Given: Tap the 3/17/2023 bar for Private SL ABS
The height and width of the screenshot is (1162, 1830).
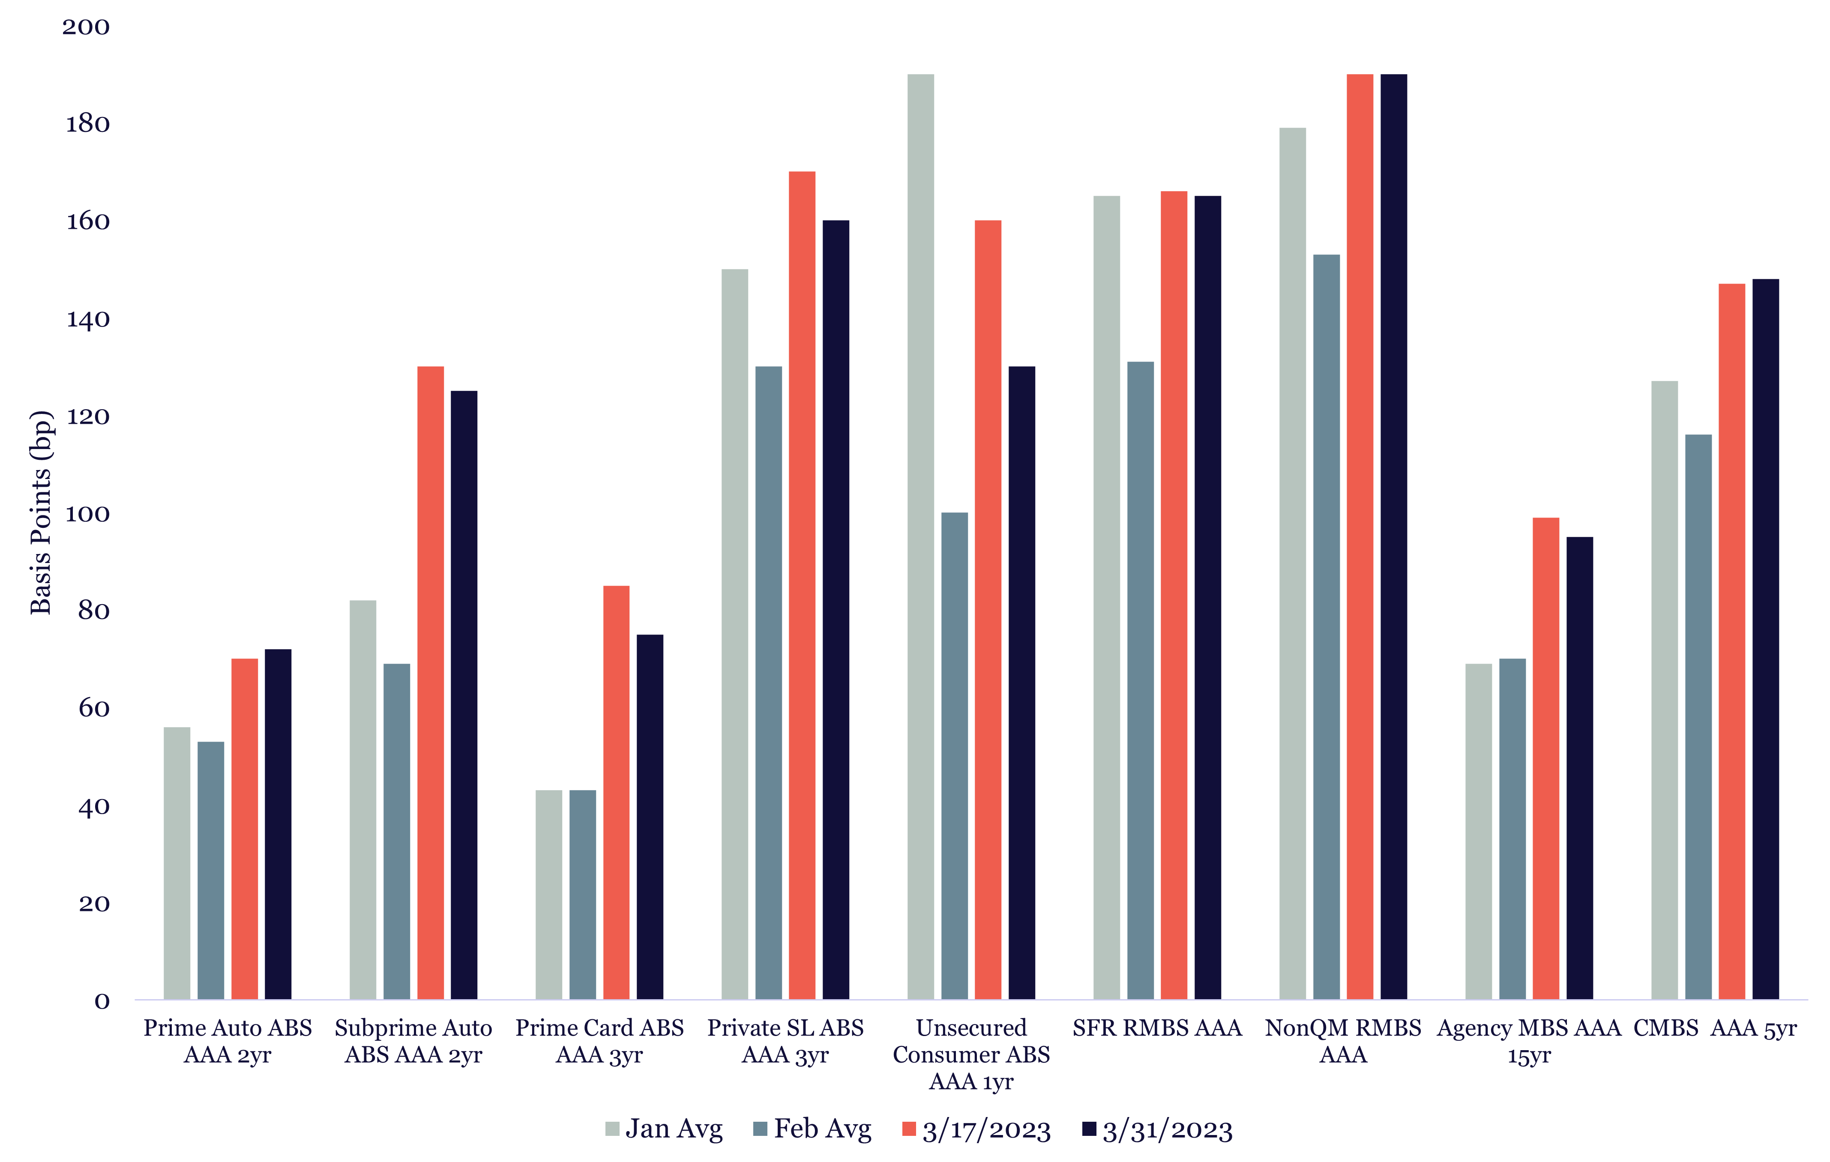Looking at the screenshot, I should coord(802,585).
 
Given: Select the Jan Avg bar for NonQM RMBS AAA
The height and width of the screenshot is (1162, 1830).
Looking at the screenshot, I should coord(1293,563).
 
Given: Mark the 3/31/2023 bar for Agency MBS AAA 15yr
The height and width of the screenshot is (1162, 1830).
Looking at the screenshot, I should coord(1580,767).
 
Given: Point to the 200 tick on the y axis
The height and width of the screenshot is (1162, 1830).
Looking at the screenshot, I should coord(86,27).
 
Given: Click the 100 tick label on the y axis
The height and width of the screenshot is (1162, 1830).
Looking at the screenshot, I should coord(87,515).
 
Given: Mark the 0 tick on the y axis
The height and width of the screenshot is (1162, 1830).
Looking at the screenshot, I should coord(102,1001).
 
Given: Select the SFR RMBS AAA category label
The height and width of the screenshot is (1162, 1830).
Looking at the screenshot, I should coord(1157,1028).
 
